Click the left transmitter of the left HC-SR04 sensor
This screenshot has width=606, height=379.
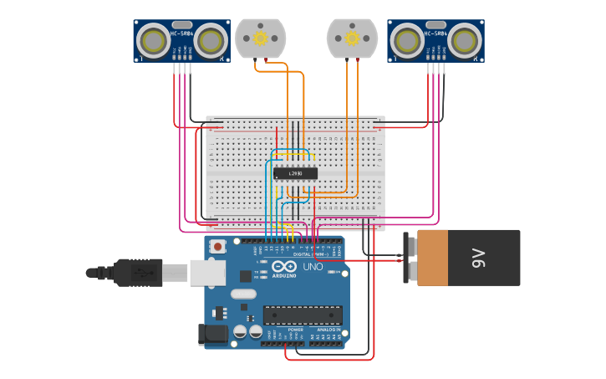tap(153, 40)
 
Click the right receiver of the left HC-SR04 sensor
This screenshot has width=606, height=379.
tap(212, 40)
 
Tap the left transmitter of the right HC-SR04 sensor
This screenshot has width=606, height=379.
tap(407, 40)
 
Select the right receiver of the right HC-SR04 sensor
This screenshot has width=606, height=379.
tap(466, 40)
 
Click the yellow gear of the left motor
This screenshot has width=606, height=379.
tap(260, 38)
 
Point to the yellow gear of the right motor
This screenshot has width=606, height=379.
tap(352, 38)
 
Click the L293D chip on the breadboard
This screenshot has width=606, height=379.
tap(295, 173)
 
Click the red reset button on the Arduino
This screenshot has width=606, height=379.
tap(218, 246)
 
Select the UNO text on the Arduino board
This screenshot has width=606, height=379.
tap(312, 267)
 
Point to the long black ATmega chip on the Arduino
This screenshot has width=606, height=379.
tap(303, 315)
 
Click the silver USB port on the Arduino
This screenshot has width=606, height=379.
tap(207, 272)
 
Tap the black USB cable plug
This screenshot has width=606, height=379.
tap(138, 272)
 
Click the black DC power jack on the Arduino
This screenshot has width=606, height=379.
tap(212, 335)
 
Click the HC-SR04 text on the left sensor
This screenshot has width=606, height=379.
tap(182, 33)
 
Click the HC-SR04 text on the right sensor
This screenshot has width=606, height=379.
tap(436, 33)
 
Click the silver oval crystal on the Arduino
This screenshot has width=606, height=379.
tap(243, 294)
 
